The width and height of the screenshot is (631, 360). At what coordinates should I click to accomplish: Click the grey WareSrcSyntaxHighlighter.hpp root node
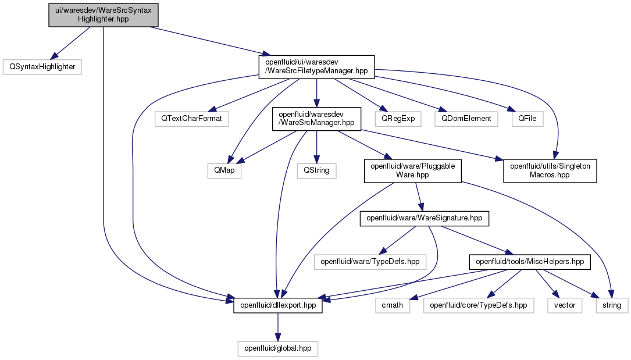[104, 15]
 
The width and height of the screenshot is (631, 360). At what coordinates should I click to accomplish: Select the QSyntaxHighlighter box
[42, 67]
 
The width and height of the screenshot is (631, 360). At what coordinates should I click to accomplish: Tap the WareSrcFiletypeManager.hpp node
[317, 67]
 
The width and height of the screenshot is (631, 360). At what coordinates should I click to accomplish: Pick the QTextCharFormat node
[191, 119]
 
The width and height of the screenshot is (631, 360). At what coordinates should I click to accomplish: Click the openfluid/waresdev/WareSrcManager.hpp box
[317, 119]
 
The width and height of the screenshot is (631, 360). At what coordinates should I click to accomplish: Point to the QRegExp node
[398, 119]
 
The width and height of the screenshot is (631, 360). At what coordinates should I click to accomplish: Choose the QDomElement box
[466, 119]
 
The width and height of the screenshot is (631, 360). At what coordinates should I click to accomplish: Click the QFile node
[527, 119]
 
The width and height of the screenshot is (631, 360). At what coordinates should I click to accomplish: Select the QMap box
[224, 170]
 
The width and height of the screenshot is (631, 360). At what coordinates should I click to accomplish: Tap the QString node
[317, 170]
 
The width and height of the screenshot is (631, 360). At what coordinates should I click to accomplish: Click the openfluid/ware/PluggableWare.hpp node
[412, 171]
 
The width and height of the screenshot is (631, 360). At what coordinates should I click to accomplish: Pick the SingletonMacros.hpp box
[550, 171]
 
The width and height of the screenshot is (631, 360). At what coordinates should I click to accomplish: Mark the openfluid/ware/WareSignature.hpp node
[424, 219]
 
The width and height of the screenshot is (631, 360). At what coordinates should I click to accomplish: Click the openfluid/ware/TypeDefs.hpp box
[370, 262]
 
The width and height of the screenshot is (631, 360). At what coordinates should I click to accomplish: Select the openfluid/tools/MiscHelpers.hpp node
[530, 262]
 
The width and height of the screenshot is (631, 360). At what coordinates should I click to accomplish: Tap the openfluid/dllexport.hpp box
[277, 305]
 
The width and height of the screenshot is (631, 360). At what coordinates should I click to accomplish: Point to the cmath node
[393, 305]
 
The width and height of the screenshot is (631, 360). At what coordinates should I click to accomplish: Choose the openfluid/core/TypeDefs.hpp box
[479, 305]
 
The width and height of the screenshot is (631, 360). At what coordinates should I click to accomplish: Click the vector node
[565, 305]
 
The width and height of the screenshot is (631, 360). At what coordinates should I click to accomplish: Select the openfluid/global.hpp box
[277, 348]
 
